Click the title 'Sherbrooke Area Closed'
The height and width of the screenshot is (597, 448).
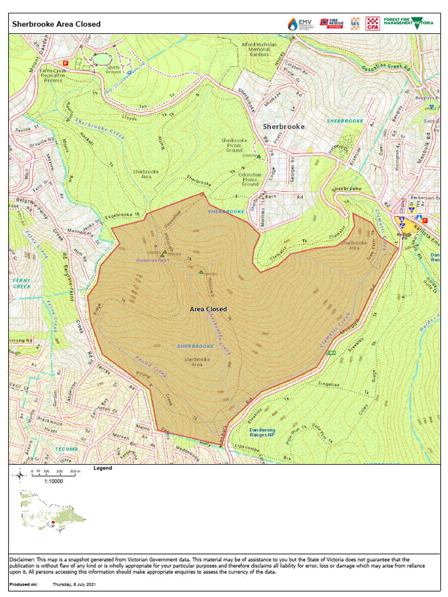point(57,24)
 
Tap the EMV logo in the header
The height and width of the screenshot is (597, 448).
point(300,24)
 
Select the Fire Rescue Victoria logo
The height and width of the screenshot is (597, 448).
point(331,24)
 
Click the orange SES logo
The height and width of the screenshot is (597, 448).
point(355,24)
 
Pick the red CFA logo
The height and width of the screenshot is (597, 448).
point(372,24)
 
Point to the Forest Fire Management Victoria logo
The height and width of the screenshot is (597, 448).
point(408,24)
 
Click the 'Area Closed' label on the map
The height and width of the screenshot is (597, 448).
point(208,309)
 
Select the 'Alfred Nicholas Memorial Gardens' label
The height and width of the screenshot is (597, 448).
point(259,50)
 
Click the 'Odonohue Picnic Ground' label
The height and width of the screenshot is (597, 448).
point(250,180)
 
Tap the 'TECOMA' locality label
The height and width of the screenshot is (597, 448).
point(66,449)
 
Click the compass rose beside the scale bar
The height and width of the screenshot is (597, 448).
point(20,475)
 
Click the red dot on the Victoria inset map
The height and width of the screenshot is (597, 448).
point(53,522)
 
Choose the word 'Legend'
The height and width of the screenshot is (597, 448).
point(103,468)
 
